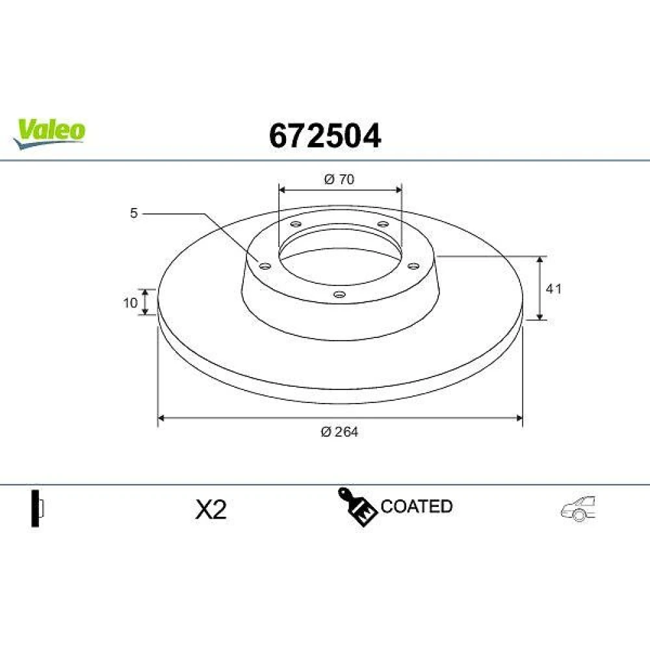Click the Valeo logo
tap(49, 133)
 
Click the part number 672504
tap(325, 136)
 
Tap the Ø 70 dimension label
tap(339, 179)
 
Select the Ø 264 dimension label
tap(339, 432)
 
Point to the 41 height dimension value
tap(553, 289)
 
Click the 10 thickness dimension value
tap(130, 303)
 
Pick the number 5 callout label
tap(133, 213)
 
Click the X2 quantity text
tap(211, 510)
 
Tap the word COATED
tap(416, 506)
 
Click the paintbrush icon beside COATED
tap(357, 506)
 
